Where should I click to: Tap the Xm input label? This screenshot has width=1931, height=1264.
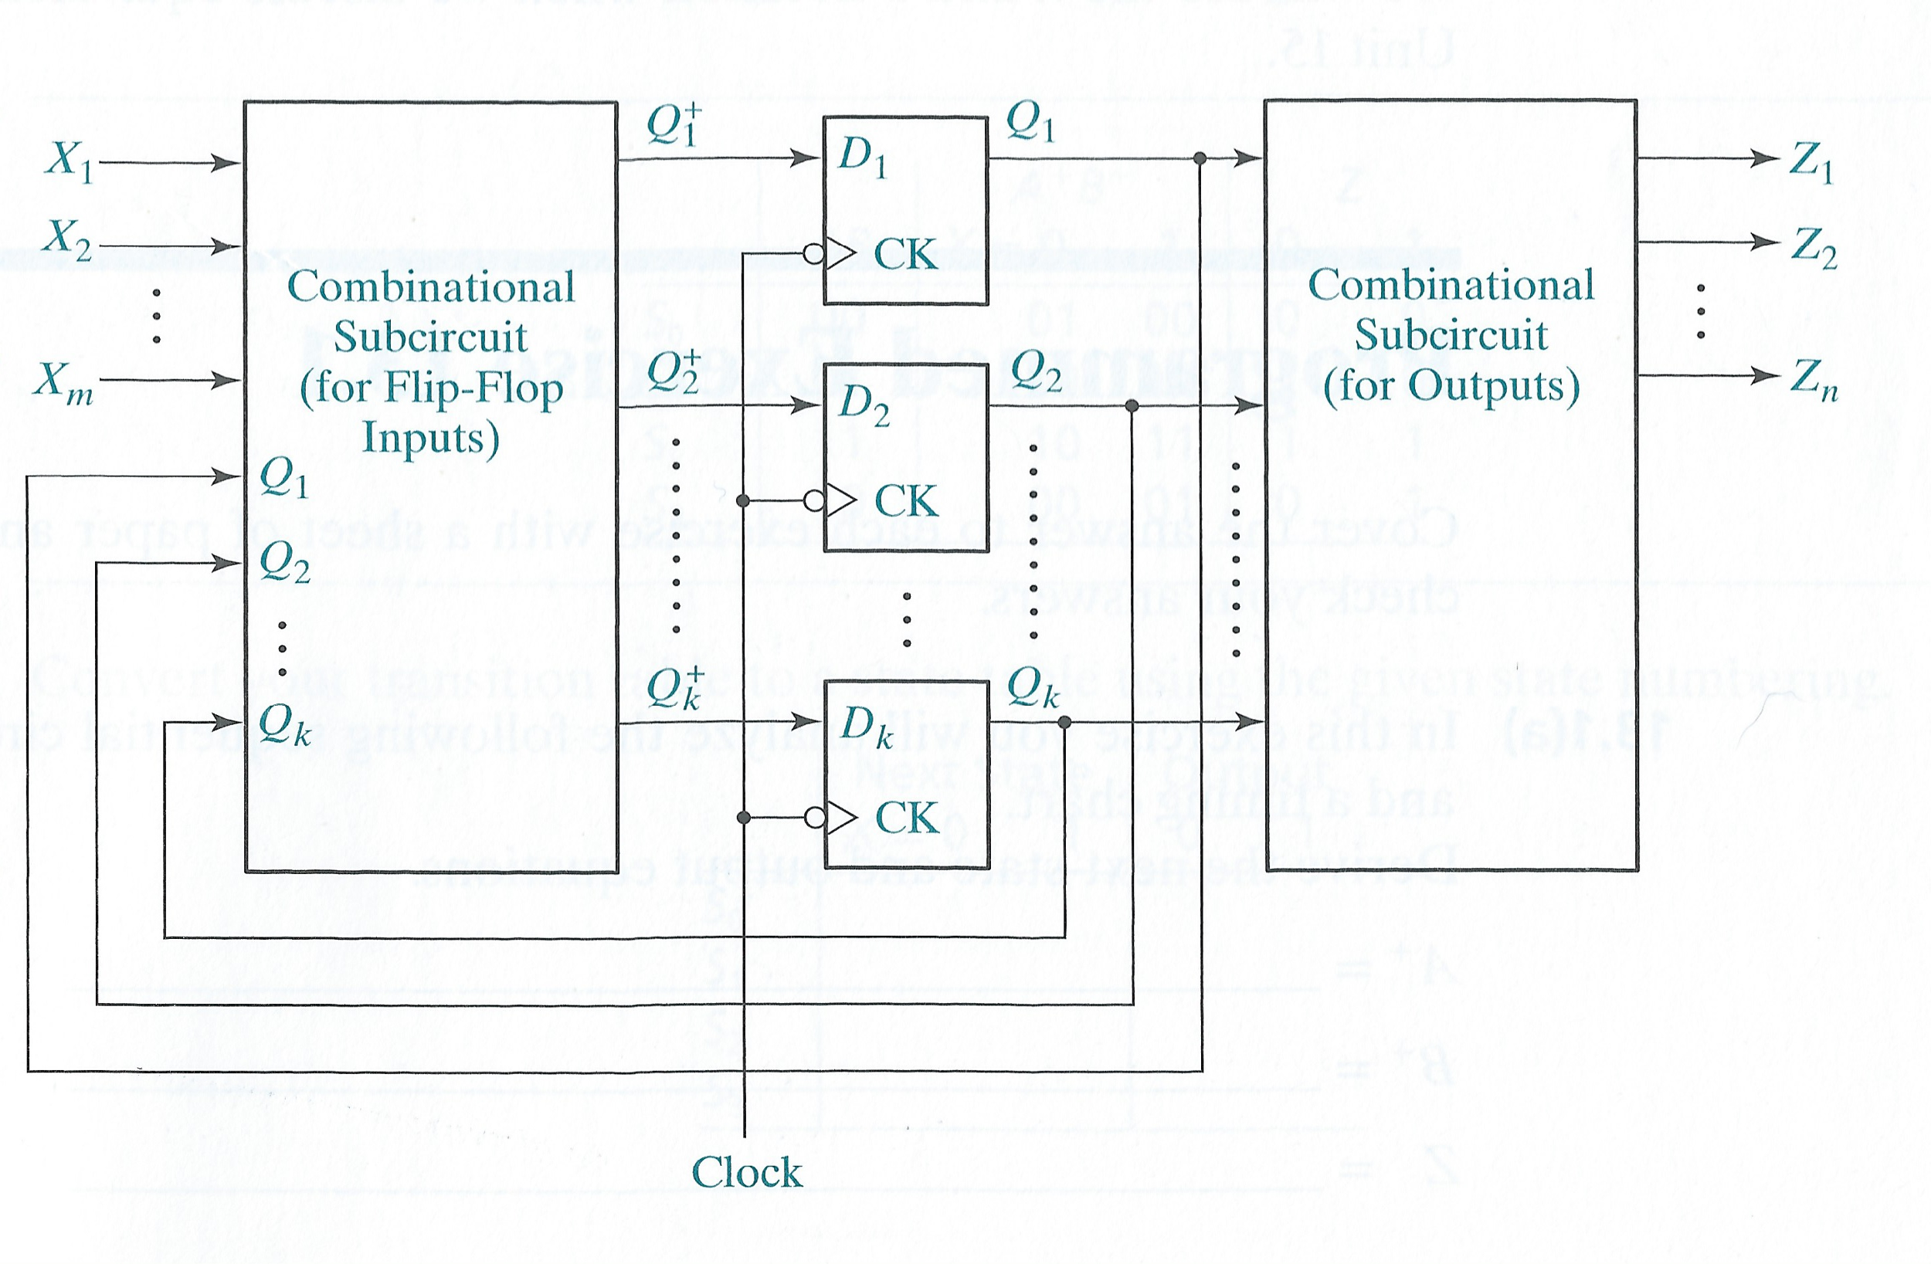(63, 381)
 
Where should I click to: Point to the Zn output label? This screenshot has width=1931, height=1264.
(1814, 381)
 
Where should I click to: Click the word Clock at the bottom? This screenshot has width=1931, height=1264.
(746, 1172)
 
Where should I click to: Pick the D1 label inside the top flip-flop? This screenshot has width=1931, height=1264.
(863, 156)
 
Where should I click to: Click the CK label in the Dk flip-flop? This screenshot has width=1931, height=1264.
(906, 817)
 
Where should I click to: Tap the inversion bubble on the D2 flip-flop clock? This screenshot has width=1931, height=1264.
(814, 500)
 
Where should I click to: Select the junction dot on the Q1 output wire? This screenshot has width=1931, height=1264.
(1201, 158)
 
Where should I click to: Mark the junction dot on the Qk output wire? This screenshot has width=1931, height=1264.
(1064, 721)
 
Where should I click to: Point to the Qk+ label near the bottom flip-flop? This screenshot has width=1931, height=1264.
(674, 690)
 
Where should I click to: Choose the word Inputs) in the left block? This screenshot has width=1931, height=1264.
(430, 439)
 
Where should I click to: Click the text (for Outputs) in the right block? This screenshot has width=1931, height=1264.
(1451, 385)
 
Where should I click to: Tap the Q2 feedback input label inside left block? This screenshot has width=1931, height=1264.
(284, 561)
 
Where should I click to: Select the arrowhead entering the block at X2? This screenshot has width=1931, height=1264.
(226, 245)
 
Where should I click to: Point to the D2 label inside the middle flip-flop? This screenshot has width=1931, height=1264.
(864, 404)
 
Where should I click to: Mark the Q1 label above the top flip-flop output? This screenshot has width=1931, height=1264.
(1030, 124)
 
